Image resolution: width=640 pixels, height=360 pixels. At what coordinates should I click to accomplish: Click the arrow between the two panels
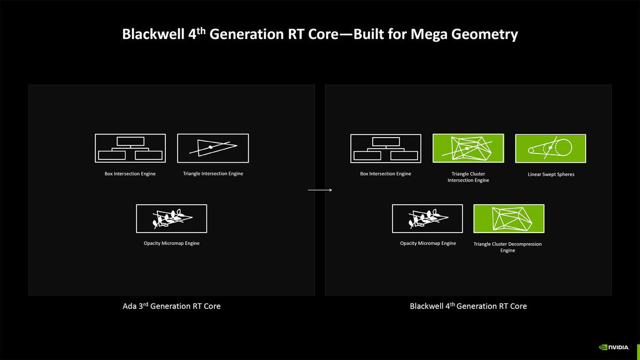pyautogui.click(x=320, y=189)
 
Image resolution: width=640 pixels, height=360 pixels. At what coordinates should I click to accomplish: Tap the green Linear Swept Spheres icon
pyautogui.click(x=550, y=148)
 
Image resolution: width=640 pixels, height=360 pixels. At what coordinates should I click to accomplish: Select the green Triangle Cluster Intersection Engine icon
pyautogui.click(x=468, y=148)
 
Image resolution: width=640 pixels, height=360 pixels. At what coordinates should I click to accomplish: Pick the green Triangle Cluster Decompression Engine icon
pyautogui.click(x=509, y=219)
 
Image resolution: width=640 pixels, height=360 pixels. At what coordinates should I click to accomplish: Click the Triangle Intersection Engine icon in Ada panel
pyautogui.click(x=213, y=148)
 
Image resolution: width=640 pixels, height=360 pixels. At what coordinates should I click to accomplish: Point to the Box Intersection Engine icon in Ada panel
pyautogui.click(x=130, y=148)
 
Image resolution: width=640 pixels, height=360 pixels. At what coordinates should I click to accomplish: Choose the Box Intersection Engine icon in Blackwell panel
pyautogui.click(x=386, y=148)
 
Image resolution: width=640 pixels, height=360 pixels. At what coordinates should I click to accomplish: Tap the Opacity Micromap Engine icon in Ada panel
pyautogui.click(x=171, y=219)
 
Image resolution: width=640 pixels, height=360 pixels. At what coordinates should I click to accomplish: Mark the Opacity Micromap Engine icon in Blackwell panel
pyautogui.click(x=427, y=219)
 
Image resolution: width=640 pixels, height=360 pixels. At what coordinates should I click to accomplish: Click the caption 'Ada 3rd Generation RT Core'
pyautogui.click(x=171, y=306)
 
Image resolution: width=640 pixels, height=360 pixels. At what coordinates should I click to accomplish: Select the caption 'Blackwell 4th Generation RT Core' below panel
pyautogui.click(x=468, y=306)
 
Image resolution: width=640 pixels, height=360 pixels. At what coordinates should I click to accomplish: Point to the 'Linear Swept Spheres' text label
pyautogui.click(x=550, y=174)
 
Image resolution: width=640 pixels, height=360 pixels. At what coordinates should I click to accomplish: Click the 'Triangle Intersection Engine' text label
pyautogui.click(x=213, y=174)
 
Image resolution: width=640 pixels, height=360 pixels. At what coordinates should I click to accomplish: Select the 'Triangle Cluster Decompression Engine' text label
pyautogui.click(x=507, y=247)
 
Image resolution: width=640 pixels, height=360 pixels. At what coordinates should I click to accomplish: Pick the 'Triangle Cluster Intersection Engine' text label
pyautogui.click(x=468, y=177)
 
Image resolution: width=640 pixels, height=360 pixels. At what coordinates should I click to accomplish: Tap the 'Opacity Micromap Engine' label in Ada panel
pyautogui.click(x=171, y=244)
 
